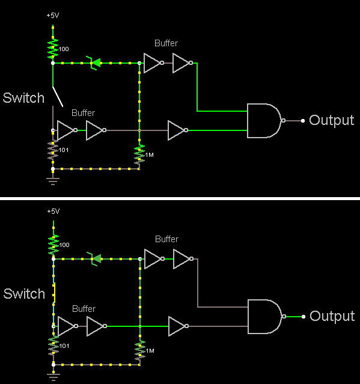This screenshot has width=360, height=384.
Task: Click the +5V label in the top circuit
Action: (53, 16)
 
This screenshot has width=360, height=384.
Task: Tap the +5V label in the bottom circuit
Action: (53, 211)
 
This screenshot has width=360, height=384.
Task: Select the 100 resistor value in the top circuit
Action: (64, 49)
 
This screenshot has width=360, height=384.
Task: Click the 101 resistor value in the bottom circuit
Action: (64, 346)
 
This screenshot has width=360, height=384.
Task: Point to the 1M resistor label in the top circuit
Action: (149, 155)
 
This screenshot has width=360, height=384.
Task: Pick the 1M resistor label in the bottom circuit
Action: (150, 351)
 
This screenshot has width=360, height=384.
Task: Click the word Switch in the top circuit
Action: (23, 98)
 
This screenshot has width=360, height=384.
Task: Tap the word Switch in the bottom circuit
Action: (24, 294)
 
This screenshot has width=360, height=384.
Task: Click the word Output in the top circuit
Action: (332, 120)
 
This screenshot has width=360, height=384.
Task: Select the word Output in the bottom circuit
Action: (332, 316)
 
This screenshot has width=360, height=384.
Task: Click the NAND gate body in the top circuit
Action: (264, 121)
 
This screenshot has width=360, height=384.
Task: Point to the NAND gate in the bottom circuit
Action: (265, 317)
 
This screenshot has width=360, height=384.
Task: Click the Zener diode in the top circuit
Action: (94, 63)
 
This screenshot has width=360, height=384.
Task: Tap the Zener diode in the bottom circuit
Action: (95, 259)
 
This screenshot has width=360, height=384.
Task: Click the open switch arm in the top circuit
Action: (58, 97)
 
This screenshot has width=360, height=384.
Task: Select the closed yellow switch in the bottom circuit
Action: (54, 293)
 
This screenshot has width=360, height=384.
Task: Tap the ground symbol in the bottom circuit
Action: (53, 376)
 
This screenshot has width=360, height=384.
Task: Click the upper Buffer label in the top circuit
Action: (166, 43)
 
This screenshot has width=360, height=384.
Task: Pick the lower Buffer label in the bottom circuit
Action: (84, 309)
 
